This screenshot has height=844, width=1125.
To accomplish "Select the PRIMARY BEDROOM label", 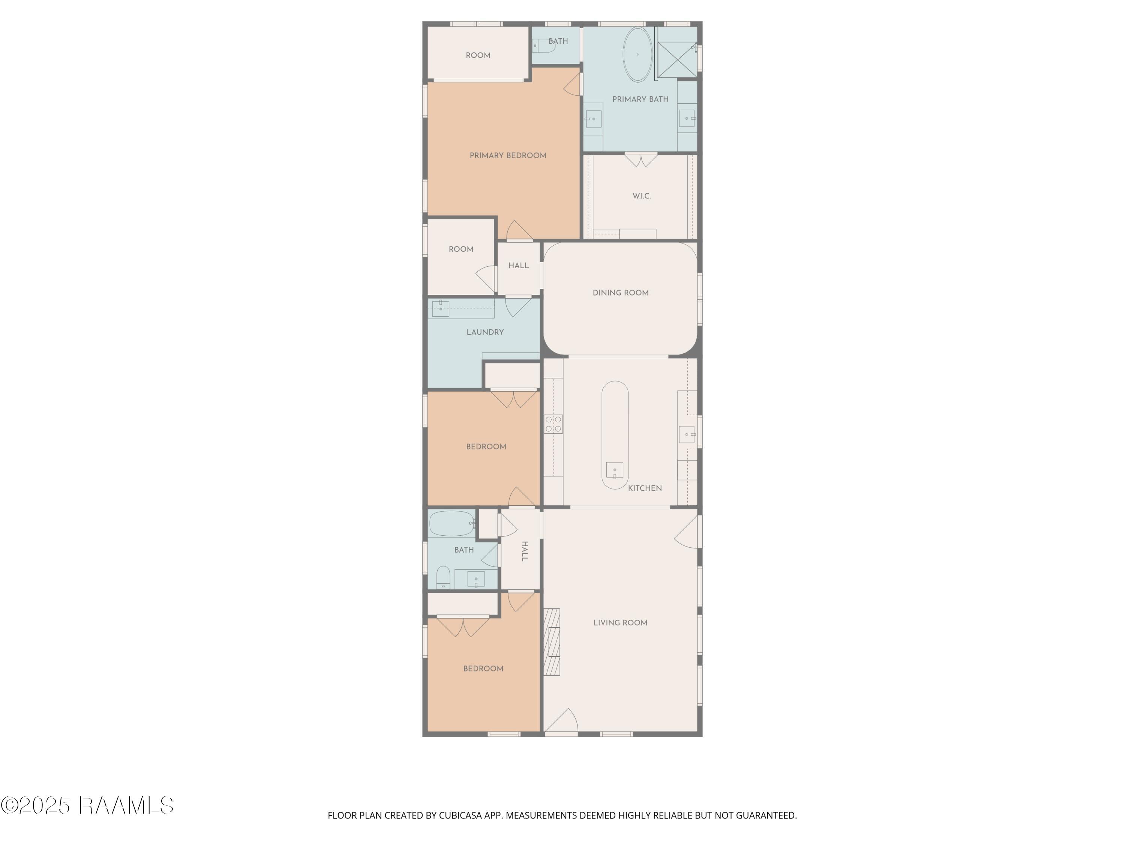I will [x=508, y=156].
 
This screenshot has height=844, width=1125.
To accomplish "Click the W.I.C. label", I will [x=641, y=196].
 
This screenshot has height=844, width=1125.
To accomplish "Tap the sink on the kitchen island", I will [x=614, y=470].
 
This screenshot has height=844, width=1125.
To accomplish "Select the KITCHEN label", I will [x=644, y=488].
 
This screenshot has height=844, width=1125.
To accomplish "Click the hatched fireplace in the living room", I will [x=552, y=642].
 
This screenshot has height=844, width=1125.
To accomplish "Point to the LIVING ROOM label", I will [x=620, y=623].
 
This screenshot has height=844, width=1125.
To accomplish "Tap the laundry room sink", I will [x=441, y=308].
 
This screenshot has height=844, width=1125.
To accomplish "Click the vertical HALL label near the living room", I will [x=524, y=551].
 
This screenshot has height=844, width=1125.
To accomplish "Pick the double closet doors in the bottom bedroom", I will [x=463, y=627].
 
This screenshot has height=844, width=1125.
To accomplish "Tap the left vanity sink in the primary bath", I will [x=593, y=119].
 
